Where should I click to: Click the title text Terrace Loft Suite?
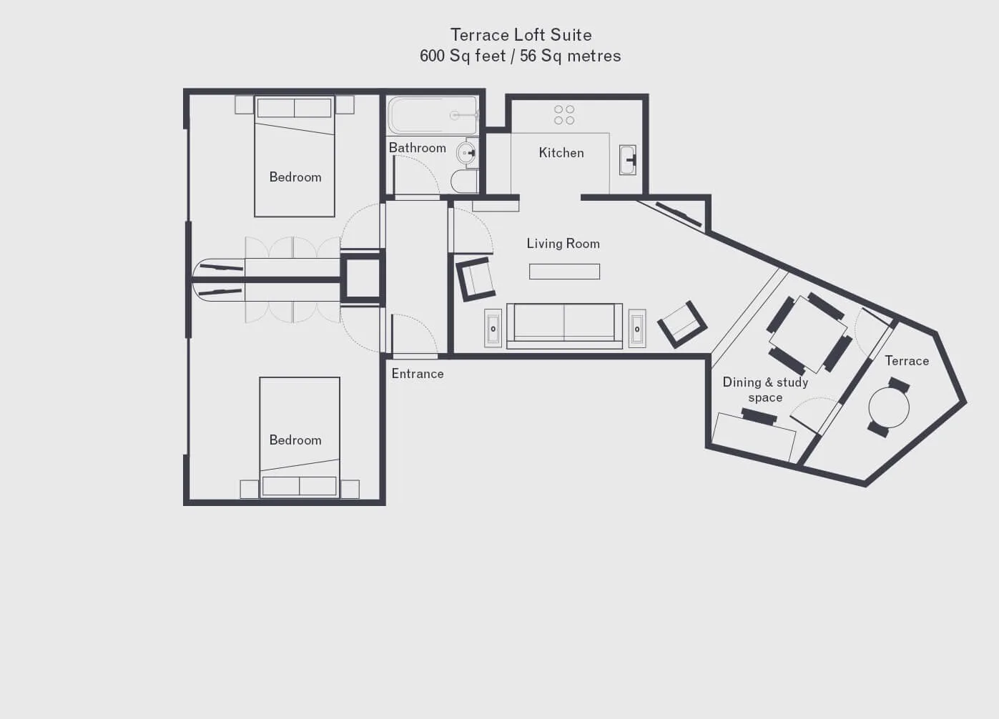coord(521,35)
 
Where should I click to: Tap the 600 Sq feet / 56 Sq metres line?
coord(521,56)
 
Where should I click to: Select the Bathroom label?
coord(418,147)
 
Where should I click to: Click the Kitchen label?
coord(561,153)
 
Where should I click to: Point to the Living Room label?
coord(564,244)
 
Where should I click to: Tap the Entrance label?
coord(418,374)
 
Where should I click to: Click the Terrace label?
coord(907,361)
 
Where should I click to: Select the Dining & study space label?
coord(765,390)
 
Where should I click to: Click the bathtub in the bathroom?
coord(433,116)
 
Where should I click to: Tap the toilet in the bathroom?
coord(465,181)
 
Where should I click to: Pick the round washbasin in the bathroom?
coord(466,153)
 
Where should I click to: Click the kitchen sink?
coord(627,159)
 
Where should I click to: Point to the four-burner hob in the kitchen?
coord(564,114)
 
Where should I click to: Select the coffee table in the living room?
coord(565,272)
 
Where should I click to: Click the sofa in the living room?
coord(565,326)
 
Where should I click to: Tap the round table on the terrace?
coord(889,407)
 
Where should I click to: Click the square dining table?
coord(809,334)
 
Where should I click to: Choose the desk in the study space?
coord(754,437)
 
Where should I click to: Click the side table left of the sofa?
coord(493,329)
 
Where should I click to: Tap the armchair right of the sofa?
coord(682,324)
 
